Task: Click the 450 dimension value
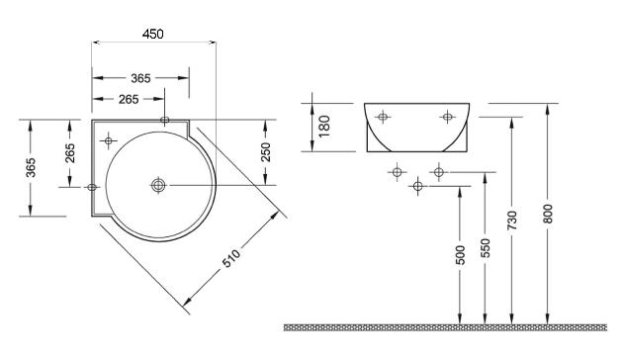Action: click(153, 35)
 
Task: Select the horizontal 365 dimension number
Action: click(140, 78)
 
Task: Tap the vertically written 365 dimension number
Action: click(31, 167)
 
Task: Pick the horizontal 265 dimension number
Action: click(129, 99)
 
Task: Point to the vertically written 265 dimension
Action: click(69, 153)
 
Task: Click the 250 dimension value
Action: click(265, 152)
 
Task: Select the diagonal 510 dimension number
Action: click(230, 258)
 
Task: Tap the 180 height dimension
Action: click(324, 127)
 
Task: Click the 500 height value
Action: click(460, 255)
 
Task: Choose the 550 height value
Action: click(486, 248)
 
